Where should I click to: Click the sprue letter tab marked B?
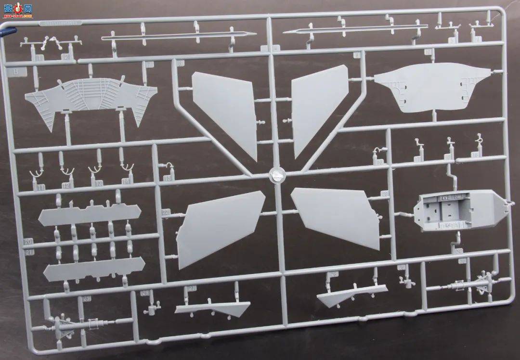[16, 72]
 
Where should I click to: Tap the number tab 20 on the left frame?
[28, 241]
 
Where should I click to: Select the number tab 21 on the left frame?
[29, 252]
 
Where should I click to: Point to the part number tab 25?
[87, 299]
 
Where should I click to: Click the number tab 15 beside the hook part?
[167, 178]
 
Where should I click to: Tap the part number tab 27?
[192, 288]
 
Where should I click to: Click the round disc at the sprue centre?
[276, 174]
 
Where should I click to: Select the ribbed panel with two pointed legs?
[91, 99]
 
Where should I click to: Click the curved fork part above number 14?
[127, 168]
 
